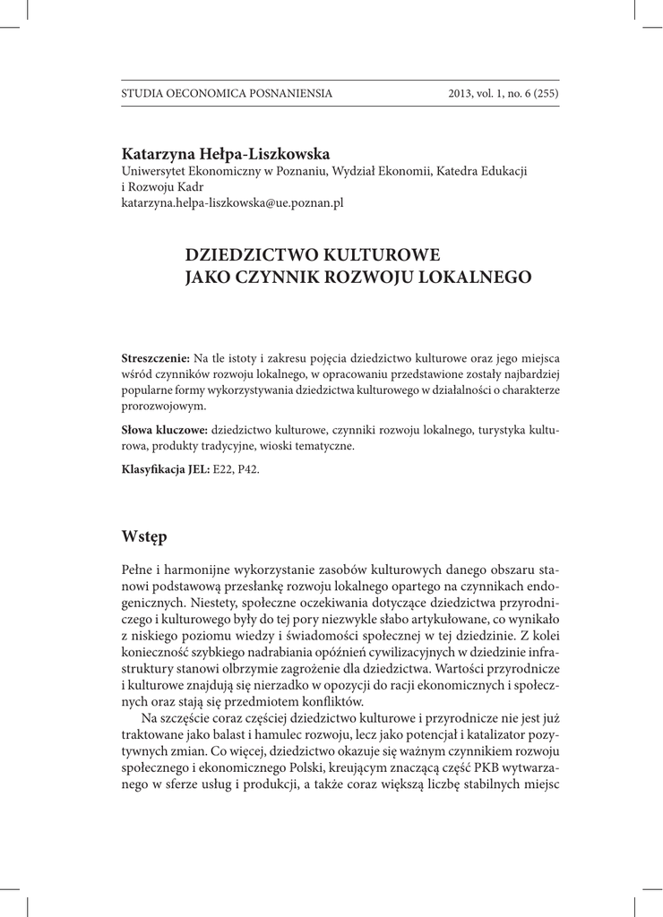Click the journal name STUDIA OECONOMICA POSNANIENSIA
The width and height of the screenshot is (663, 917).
pyautogui.click(x=227, y=93)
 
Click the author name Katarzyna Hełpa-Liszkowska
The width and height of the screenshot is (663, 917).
pyautogui.click(x=226, y=153)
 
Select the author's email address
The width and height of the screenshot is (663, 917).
pyautogui.click(x=232, y=203)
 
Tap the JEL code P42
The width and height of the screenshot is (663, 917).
pyautogui.click(x=252, y=469)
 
